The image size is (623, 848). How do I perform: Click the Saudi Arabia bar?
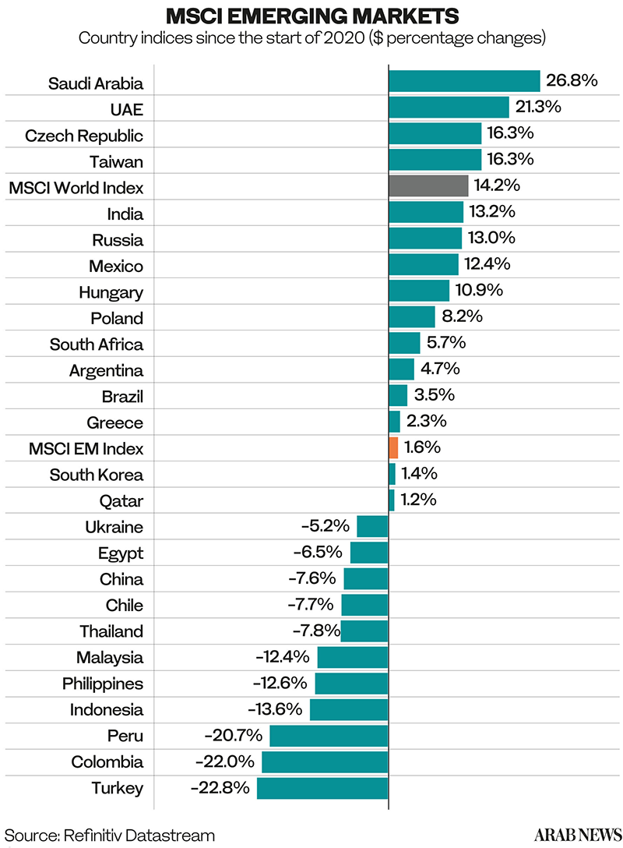(464, 81)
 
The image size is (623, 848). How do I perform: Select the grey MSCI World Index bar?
(428, 185)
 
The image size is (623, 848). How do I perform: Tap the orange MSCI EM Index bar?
(393, 447)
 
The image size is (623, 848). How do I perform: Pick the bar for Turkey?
(322, 787)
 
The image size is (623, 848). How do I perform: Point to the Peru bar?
(329, 735)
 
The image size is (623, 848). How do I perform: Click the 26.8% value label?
(572, 80)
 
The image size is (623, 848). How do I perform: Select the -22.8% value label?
(220, 787)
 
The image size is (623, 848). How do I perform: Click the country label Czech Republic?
(84, 136)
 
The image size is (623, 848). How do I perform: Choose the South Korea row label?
(97, 475)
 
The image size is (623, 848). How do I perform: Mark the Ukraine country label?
(114, 527)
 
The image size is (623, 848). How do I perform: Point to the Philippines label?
(103, 684)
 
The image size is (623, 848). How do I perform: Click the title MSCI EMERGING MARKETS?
(311, 16)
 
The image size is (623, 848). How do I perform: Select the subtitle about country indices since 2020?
(311, 37)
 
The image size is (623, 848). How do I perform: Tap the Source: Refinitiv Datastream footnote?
(110, 835)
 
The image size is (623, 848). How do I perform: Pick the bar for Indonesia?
(349, 709)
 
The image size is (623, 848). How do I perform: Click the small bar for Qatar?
(392, 500)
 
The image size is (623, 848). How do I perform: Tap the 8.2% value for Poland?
(462, 316)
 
